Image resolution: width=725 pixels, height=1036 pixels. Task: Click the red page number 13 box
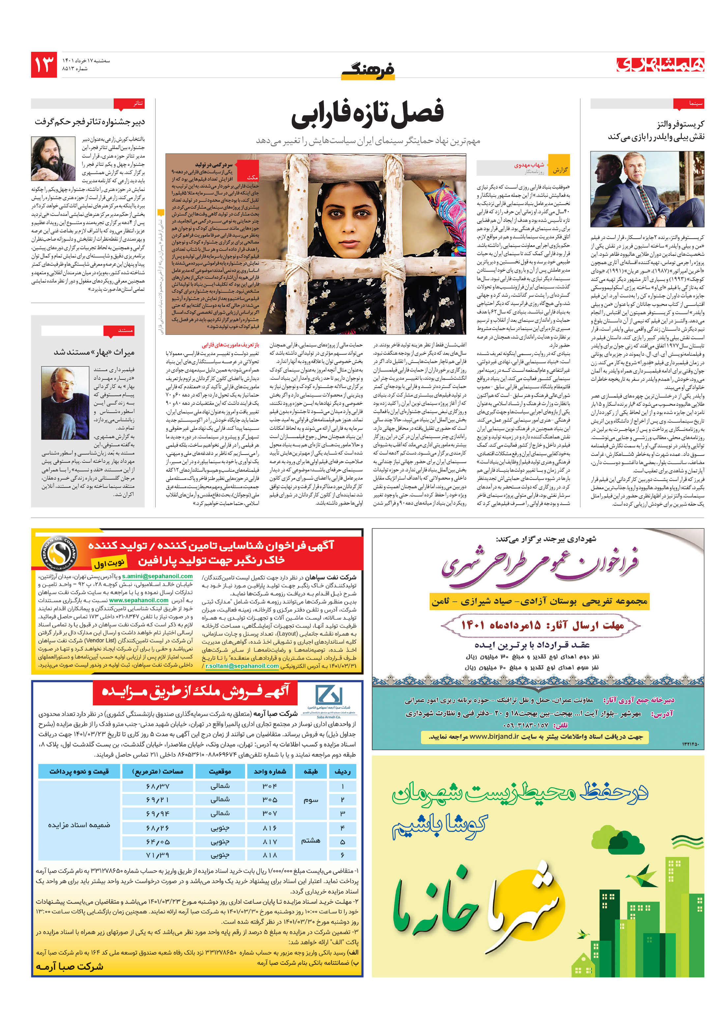[x=44, y=65]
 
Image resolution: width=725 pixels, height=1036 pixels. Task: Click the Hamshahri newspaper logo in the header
[x=660, y=65]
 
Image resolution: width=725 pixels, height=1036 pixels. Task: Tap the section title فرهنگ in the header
[x=368, y=70]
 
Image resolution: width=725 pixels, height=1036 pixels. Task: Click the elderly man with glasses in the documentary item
[x=65, y=403]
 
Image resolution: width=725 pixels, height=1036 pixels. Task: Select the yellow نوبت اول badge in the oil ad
[x=109, y=563]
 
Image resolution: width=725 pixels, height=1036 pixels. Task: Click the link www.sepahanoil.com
[x=138, y=601]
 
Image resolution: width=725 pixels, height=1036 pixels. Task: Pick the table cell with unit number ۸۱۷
[x=269, y=842]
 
